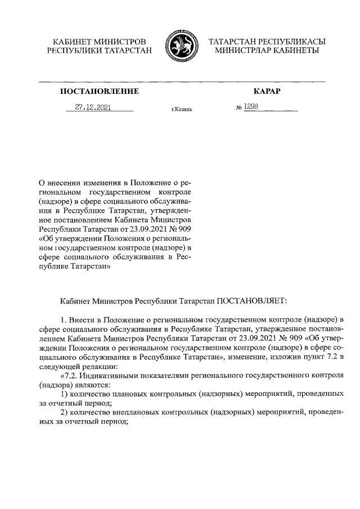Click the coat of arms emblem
point(180,47)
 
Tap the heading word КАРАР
point(266,91)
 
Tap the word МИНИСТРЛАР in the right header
point(243,51)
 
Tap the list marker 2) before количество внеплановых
point(65,414)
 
